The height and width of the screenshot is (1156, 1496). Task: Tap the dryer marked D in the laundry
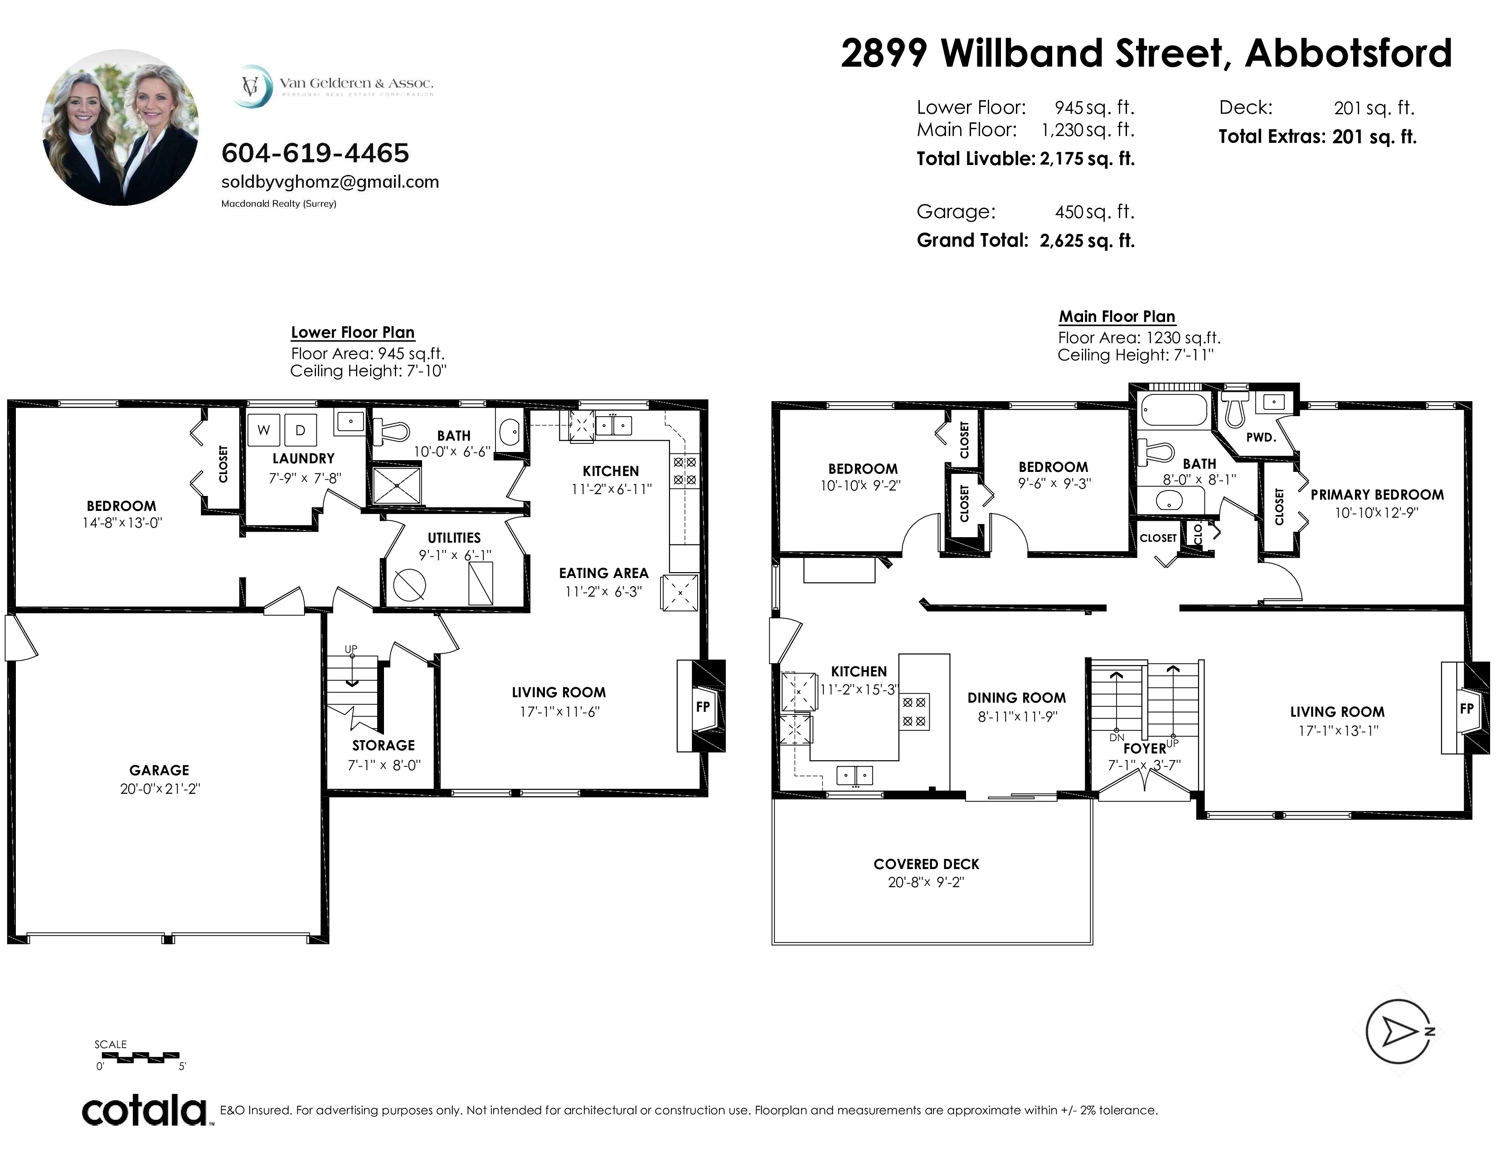point(300,430)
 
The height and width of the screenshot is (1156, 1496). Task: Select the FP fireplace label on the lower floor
point(703,706)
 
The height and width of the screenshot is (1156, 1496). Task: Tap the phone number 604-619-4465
point(315,153)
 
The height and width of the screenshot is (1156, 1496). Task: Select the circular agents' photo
point(121,127)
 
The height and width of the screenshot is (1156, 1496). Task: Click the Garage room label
point(159,770)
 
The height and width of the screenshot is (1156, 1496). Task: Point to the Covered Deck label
point(926,864)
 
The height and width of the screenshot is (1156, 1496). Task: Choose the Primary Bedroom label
point(1377,495)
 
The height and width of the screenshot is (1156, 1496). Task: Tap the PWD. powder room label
point(1261,437)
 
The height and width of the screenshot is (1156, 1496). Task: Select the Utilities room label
point(454,538)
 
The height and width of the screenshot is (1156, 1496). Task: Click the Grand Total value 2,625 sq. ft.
point(1087,240)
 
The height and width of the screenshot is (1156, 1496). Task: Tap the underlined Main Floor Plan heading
point(1117,316)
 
